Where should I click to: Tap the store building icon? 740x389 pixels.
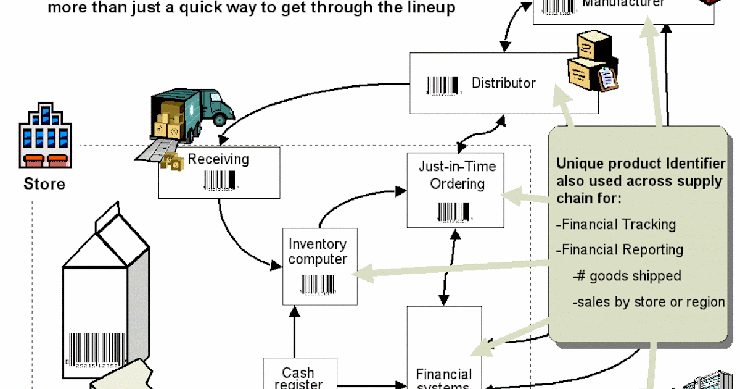click(x=44, y=136)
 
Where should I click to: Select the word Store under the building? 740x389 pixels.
click(x=44, y=183)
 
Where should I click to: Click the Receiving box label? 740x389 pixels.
click(x=218, y=159)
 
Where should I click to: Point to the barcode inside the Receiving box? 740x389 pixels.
click(x=219, y=181)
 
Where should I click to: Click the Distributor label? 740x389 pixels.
click(x=504, y=83)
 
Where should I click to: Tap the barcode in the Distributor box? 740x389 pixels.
click(x=443, y=85)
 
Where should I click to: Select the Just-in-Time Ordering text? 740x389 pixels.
click(x=457, y=175)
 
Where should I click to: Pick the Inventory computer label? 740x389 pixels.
click(x=318, y=252)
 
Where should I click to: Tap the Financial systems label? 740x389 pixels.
click(x=444, y=378)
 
